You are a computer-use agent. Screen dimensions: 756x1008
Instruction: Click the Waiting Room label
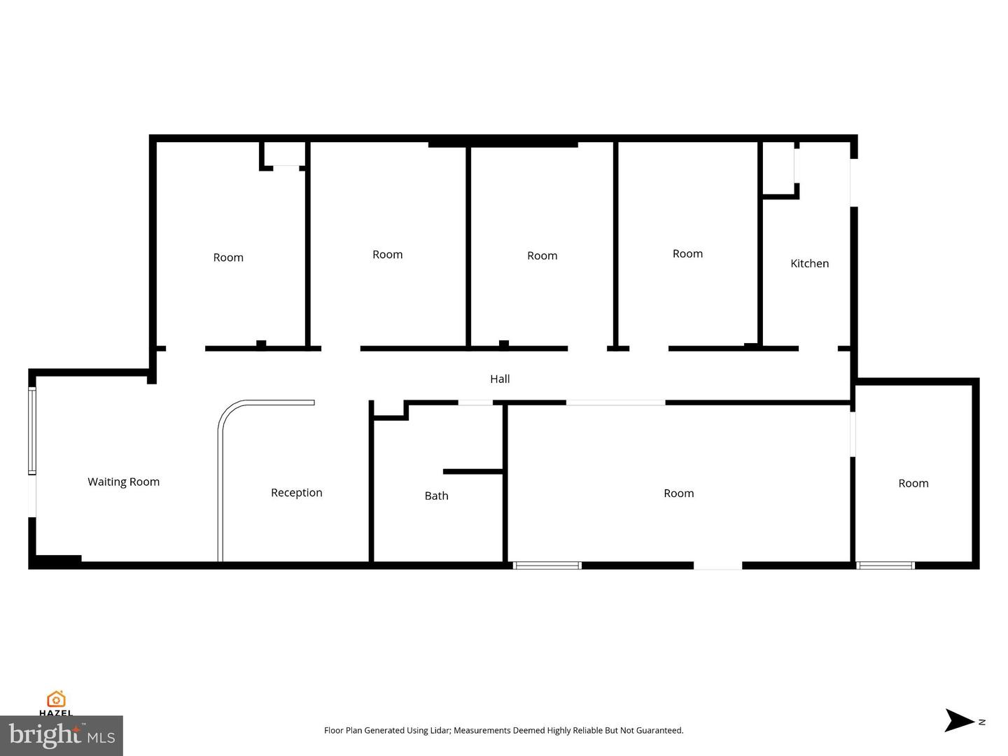click(123, 482)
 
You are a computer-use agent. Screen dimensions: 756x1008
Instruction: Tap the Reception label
click(296, 493)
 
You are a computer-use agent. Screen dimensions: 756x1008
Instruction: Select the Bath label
click(436, 496)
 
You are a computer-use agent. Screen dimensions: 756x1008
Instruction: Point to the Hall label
click(500, 379)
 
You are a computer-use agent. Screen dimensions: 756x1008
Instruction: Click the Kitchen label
click(809, 263)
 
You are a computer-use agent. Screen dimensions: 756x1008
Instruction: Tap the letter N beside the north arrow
click(982, 722)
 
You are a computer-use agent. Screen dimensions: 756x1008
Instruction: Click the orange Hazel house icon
click(56, 699)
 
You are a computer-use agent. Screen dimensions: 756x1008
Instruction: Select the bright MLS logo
click(62, 736)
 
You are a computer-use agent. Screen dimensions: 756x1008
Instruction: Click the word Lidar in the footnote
click(440, 730)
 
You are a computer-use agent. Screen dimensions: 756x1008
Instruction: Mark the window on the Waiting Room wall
click(31, 430)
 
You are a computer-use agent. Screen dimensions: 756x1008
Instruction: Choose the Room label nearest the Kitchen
click(687, 253)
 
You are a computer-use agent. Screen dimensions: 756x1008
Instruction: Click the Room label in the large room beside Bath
click(678, 493)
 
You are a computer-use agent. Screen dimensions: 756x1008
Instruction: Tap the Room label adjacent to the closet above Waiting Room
click(228, 258)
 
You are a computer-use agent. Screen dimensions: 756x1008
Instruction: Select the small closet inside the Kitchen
click(778, 168)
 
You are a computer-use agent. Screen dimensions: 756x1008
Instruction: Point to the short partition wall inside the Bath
click(473, 472)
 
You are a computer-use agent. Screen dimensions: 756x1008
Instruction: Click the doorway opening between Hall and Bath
click(475, 402)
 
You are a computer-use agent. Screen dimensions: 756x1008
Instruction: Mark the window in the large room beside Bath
click(547, 565)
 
